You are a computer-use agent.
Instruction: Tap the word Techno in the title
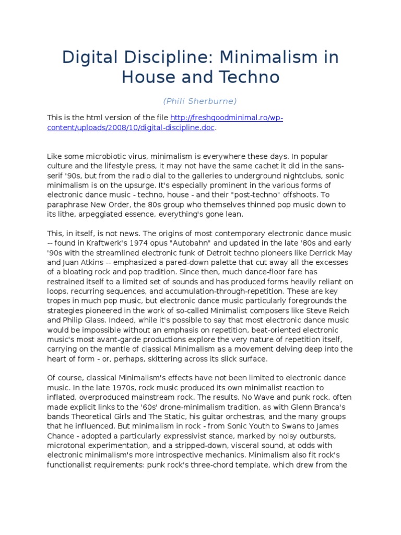click(x=249, y=77)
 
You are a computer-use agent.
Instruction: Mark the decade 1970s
click(x=119, y=388)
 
